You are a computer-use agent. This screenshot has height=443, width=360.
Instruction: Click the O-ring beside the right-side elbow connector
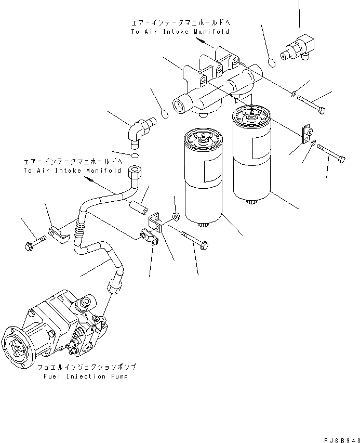(272, 63)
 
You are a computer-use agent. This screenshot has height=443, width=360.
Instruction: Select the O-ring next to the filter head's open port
(165, 113)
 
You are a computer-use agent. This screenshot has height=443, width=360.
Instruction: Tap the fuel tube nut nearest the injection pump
(114, 285)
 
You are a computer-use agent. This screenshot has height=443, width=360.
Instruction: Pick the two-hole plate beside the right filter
(306, 134)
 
